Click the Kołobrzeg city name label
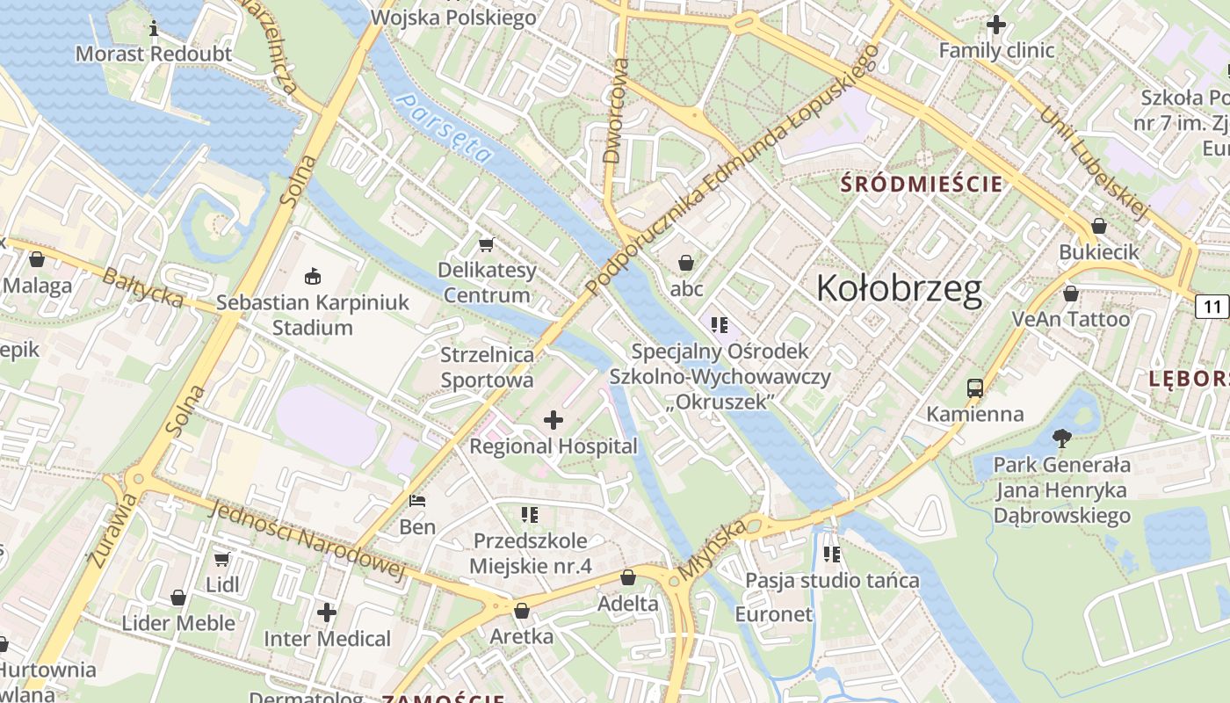(899, 288)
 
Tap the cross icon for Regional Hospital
(553, 420)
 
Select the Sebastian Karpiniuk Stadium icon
(312, 277)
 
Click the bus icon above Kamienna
(974, 388)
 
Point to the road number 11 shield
(1213, 307)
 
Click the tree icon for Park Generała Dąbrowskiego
(1061, 438)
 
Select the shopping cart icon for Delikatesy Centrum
(486, 244)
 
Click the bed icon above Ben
(418, 502)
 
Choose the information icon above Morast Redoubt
(154, 28)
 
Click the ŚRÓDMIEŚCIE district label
(922, 185)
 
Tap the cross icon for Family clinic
(995, 25)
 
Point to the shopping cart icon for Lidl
(222, 559)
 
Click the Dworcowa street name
(616, 112)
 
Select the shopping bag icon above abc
(686, 263)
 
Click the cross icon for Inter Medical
(327, 612)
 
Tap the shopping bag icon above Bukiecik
(1098, 226)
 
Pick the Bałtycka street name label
(142, 288)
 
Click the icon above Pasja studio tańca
(832, 554)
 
